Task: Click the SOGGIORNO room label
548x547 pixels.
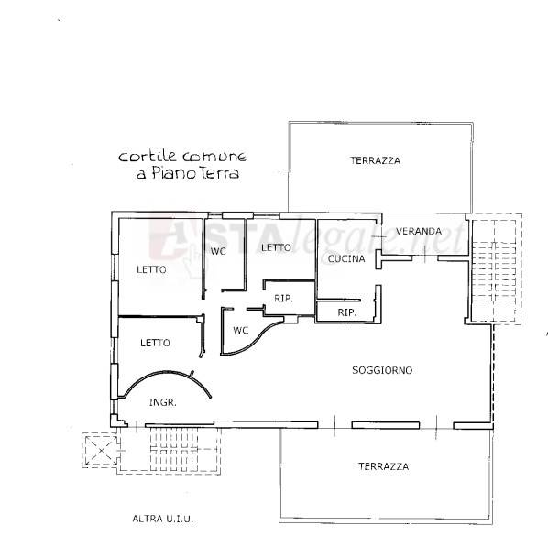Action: click(x=382, y=370)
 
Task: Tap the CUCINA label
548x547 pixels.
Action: click(x=346, y=258)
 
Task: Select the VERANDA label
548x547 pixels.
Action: click(x=419, y=231)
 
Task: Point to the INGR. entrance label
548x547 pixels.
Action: click(x=163, y=402)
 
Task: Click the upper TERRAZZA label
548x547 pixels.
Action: click(x=375, y=160)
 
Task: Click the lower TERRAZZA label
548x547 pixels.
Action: click(x=383, y=466)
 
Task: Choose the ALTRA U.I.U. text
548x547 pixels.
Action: click(x=162, y=519)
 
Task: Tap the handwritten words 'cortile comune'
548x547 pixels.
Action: click(x=182, y=156)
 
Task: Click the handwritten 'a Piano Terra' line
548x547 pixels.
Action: click(x=188, y=173)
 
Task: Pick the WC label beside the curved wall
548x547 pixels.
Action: click(x=241, y=330)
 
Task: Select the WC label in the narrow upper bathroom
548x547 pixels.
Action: click(x=218, y=251)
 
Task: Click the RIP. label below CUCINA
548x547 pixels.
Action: click(x=346, y=312)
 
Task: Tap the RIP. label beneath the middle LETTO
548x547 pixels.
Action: click(x=283, y=298)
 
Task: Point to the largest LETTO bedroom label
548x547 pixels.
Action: click(x=151, y=269)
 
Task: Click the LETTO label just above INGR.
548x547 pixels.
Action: click(x=155, y=343)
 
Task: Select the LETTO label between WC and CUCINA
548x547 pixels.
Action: click(x=276, y=247)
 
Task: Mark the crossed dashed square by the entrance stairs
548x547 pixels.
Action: click(x=101, y=450)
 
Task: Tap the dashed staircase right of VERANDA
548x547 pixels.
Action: click(x=495, y=269)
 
